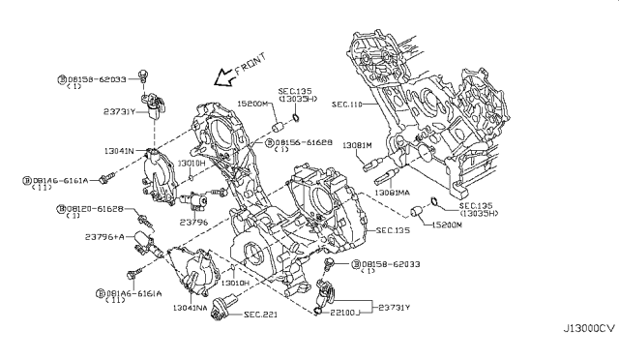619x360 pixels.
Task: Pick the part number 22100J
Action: [x=345, y=311]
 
